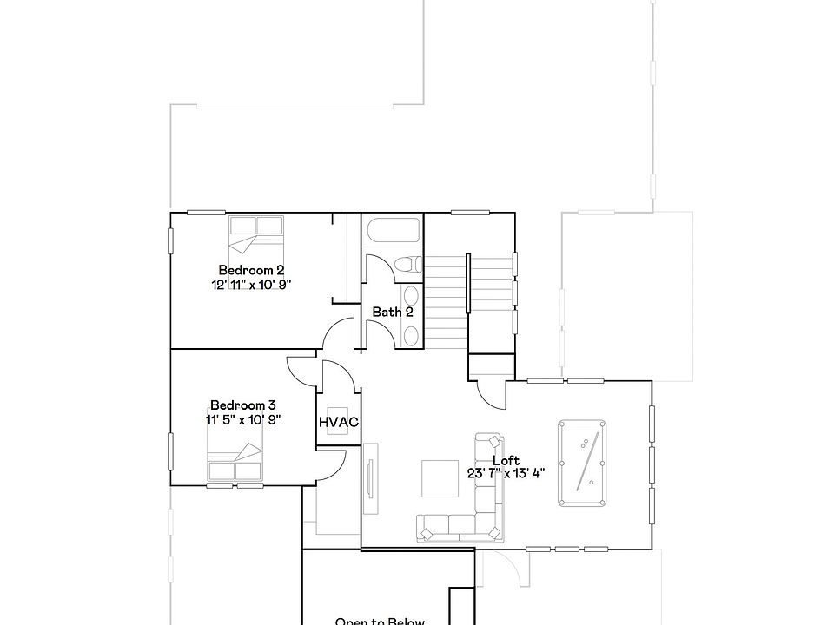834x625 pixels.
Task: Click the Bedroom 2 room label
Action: (251, 270)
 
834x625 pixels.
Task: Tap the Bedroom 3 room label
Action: (243, 405)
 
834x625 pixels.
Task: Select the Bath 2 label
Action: (393, 312)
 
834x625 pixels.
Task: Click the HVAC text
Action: (339, 423)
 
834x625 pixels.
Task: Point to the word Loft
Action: (506, 461)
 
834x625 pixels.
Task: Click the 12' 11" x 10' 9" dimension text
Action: (251, 285)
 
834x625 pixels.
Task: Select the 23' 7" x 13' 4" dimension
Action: (507, 475)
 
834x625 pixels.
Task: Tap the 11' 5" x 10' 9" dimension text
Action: (243, 420)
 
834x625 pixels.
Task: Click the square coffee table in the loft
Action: (439, 478)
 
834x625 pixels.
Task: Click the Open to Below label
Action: (380, 621)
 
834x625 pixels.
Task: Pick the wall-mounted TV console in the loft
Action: (369, 473)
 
